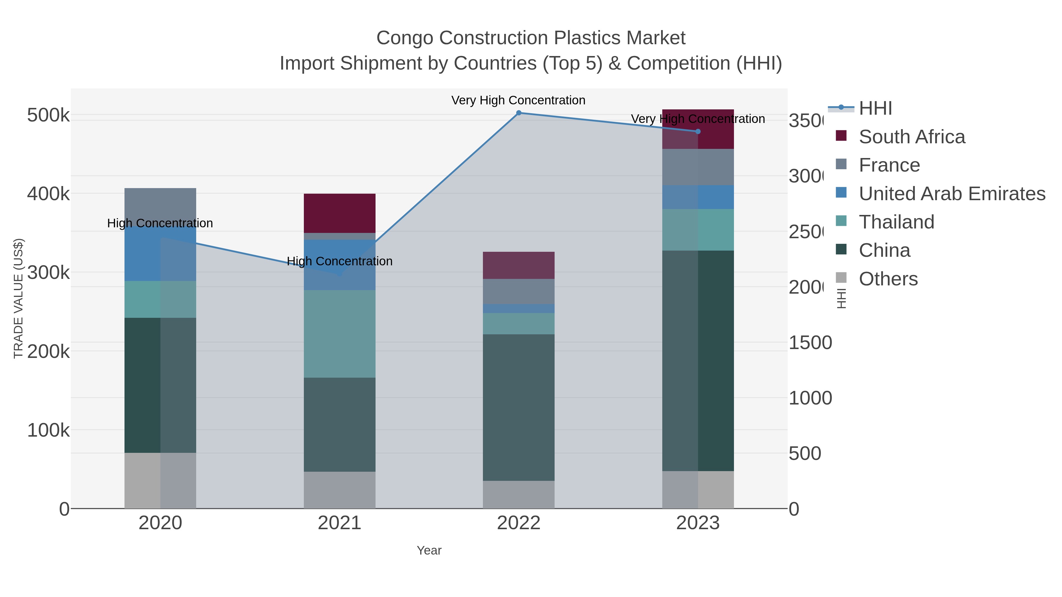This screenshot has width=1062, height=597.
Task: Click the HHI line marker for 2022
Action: click(519, 113)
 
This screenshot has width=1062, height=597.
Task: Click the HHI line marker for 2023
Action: click(698, 132)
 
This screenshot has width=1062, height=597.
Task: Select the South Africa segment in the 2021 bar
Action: click(339, 213)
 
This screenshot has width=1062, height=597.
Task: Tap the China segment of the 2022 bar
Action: click(519, 407)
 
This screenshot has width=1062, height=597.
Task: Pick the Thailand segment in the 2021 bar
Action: click(339, 334)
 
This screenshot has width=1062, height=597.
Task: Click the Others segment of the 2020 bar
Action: click(160, 481)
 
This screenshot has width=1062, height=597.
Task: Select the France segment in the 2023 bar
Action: click(698, 167)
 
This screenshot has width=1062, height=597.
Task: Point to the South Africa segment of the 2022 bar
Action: click(519, 265)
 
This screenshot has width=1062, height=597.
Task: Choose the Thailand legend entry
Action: click(896, 222)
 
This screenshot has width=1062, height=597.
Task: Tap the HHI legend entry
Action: click(875, 108)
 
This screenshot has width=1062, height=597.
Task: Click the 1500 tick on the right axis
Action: click(810, 343)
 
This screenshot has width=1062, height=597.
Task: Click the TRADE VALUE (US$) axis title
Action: click(18, 298)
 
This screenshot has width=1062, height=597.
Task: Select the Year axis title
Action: click(429, 550)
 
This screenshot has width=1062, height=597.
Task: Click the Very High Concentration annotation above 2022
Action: click(518, 100)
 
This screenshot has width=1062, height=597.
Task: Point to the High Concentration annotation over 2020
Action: click(160, 223)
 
